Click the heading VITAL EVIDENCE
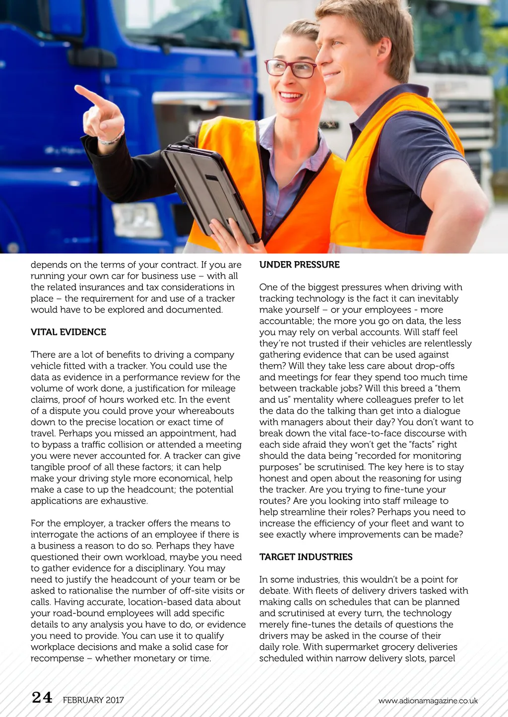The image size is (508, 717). point(68,332)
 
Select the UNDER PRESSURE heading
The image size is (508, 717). point(299,265)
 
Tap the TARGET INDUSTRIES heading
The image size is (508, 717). point(306,557)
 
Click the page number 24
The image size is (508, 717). point(42,698)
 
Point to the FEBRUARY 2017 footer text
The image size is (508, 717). point(93,700)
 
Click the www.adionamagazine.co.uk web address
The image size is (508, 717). point(428,701)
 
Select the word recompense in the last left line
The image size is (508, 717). point(57,659)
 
